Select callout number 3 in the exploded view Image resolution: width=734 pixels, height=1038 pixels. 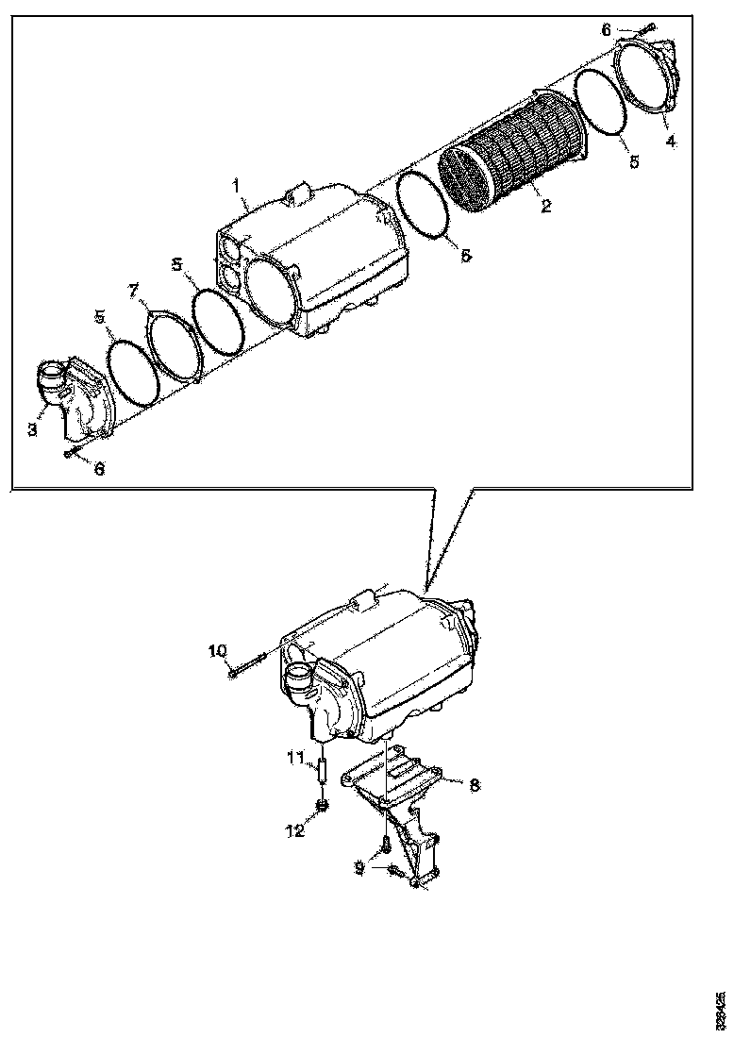pos(32,430)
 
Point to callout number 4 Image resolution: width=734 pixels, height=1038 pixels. pos(671,142)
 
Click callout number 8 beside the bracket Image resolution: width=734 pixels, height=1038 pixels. pos(474,783)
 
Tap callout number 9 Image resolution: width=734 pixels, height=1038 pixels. pos(359,867)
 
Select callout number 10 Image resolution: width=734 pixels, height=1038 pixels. pos(217,650)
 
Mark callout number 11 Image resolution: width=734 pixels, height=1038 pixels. pos(295,756)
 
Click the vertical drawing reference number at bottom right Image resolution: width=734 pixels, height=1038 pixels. pos(721,1010)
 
